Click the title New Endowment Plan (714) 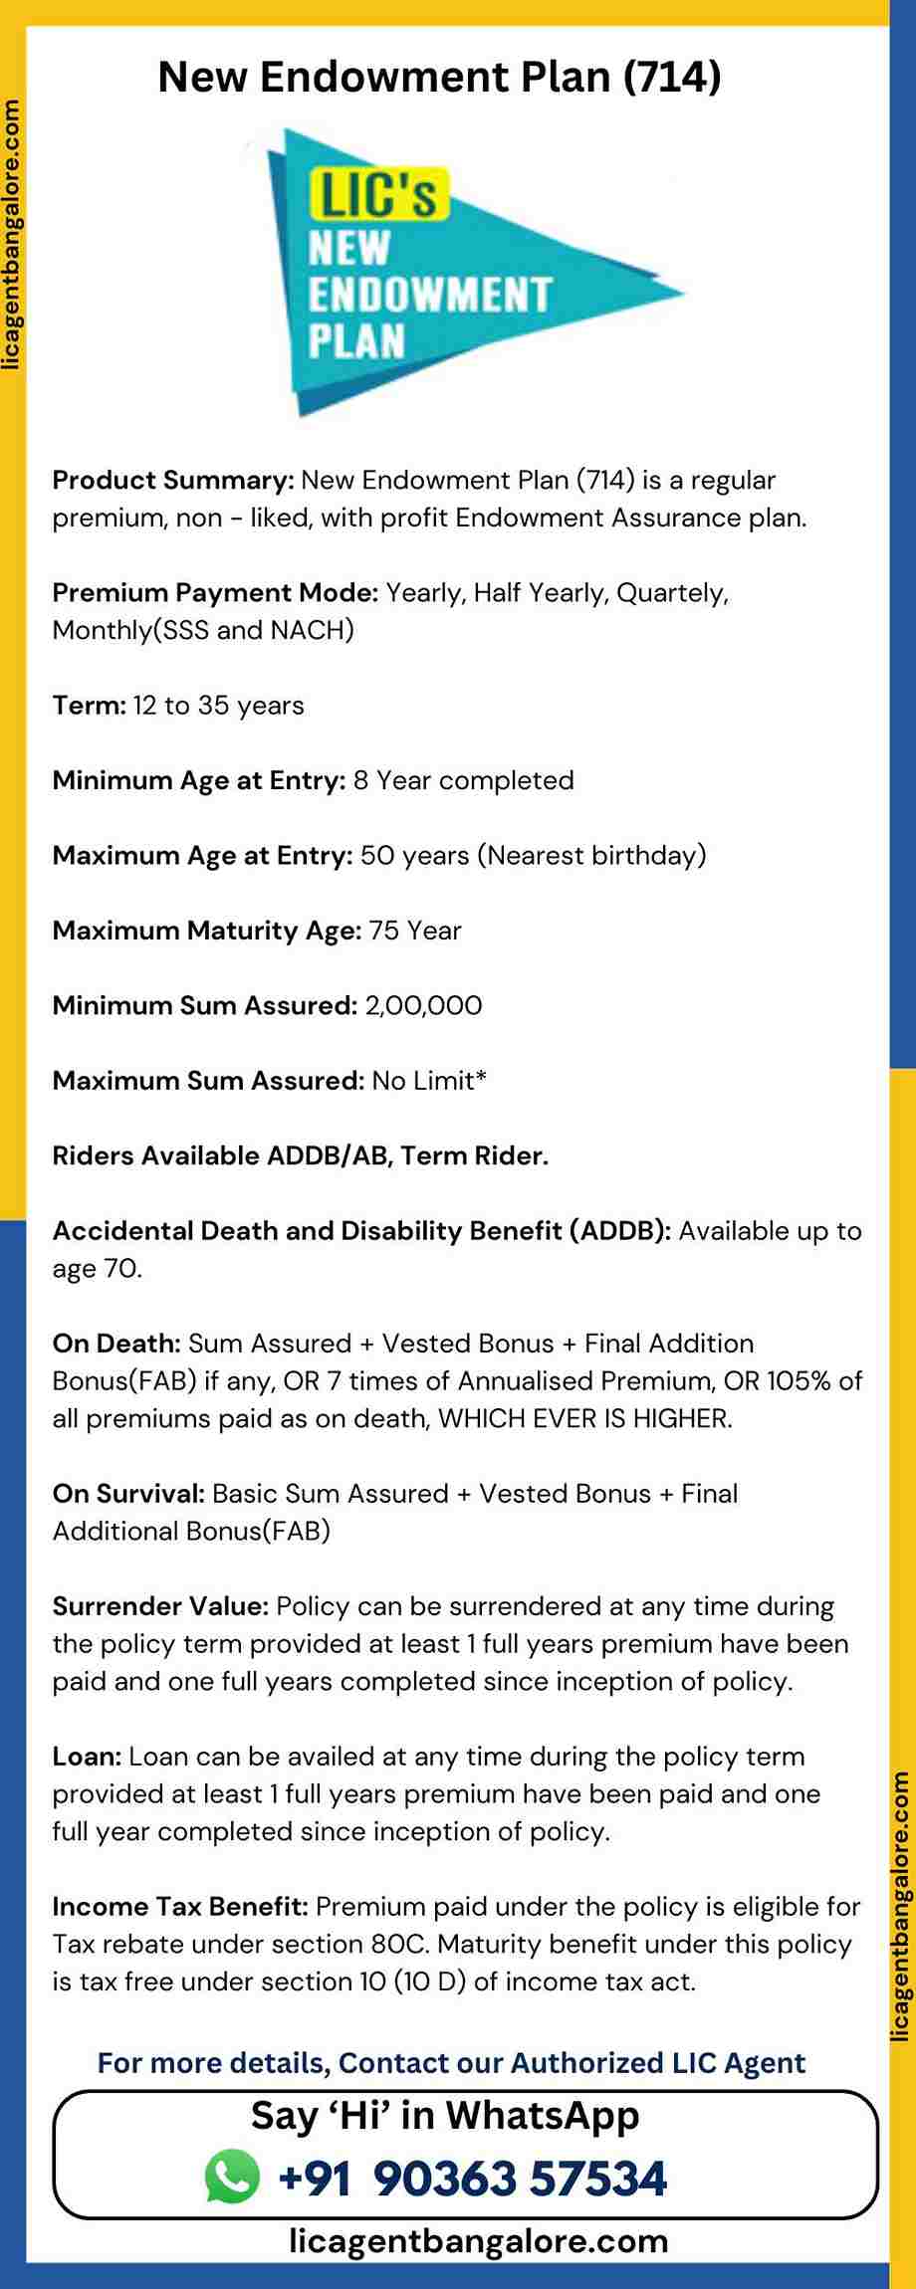pos(439,78)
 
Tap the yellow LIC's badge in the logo pos(378,193)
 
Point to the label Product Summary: pos(172,480)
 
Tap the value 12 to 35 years pos(218,705)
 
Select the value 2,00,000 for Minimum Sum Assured pos(423,1005)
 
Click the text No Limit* pos(429,1080)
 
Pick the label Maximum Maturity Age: pos(206,931)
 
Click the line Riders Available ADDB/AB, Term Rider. pos(300,1155)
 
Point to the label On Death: pos(116,1343)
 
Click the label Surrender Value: pos(160,1605)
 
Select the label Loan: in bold pos(87,1756)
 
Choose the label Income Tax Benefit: pos(180,1906)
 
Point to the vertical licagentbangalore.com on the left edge pos(11,234)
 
